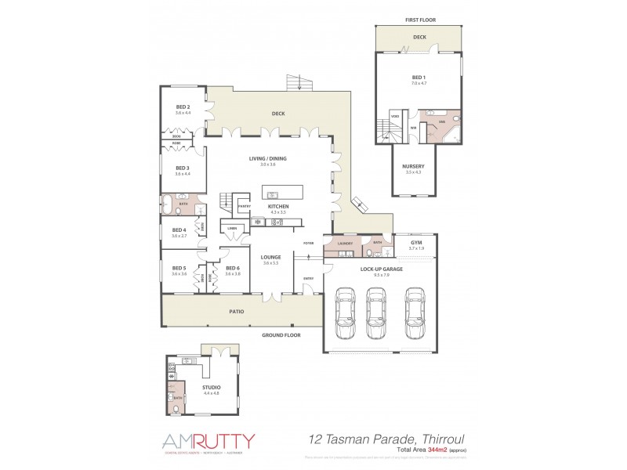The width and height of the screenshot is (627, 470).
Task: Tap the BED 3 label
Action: click(183, 168)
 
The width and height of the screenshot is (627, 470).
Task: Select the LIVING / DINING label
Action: click(268, 159)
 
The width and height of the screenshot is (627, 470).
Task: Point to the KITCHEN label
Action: click(278, 206)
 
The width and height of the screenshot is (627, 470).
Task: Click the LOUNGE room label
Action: click(271, 257)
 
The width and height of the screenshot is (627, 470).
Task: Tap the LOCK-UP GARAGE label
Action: click(381, 269)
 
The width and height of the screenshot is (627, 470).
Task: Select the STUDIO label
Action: click(211, 387)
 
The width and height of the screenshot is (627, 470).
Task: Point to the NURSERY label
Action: click(413, 166)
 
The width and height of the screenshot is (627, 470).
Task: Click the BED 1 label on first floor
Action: click(419, 77)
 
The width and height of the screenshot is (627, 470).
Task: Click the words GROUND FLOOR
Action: click(281, 334)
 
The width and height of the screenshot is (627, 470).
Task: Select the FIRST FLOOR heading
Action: click(419, 20)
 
